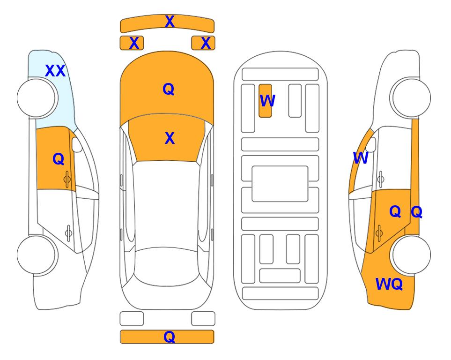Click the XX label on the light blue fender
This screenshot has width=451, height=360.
tap(55, 71)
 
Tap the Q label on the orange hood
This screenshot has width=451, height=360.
tap(169, 89)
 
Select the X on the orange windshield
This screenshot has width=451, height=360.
tap(170, 138)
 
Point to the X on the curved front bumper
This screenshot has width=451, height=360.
tap(170, 22)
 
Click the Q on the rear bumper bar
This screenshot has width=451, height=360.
tap(170, 337)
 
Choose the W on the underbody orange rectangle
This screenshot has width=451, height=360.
tap(267, 101)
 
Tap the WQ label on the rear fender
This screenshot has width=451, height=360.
tap(389, 284)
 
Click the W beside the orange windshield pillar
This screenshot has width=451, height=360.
tap(361, 158)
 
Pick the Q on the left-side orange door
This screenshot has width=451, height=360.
tap(59, 159)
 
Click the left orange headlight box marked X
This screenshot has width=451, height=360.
tap(132, 43)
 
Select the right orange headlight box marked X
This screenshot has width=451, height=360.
tap(203, 43)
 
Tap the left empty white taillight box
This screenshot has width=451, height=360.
tap(132, 319)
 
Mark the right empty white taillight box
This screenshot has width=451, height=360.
tap(203, 319)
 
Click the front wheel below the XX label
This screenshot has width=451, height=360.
tap(36, 98)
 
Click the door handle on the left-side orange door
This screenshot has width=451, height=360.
tap(67, 180)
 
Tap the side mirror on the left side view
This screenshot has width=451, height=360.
tap(77, 145)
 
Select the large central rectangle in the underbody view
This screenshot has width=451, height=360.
tap(280, 184)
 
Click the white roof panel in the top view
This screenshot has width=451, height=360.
tap(166, 204)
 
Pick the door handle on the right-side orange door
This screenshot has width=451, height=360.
tap(379, 233)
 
